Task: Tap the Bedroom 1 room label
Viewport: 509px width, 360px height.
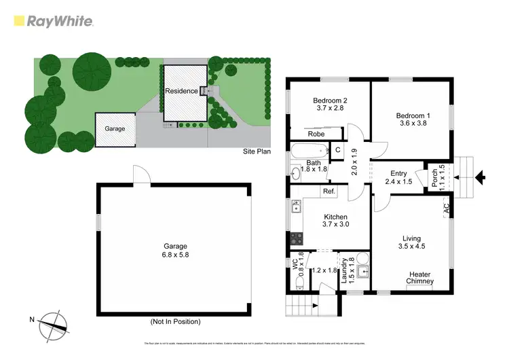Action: point(413,115)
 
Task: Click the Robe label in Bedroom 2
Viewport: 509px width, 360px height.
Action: point(316,134)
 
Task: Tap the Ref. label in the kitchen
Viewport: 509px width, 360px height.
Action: point(329,192)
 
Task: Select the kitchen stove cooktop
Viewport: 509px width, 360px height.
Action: point(297,238)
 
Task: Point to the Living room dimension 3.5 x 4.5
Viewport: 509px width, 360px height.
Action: point(411,248)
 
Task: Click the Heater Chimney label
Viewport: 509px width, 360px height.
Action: point(419,278)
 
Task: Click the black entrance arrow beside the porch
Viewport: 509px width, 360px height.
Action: point(480,179)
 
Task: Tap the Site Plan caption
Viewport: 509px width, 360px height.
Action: point(256,151)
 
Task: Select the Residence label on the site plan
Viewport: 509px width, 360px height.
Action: point(181,90)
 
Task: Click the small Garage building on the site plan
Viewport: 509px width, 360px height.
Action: point(115,128)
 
